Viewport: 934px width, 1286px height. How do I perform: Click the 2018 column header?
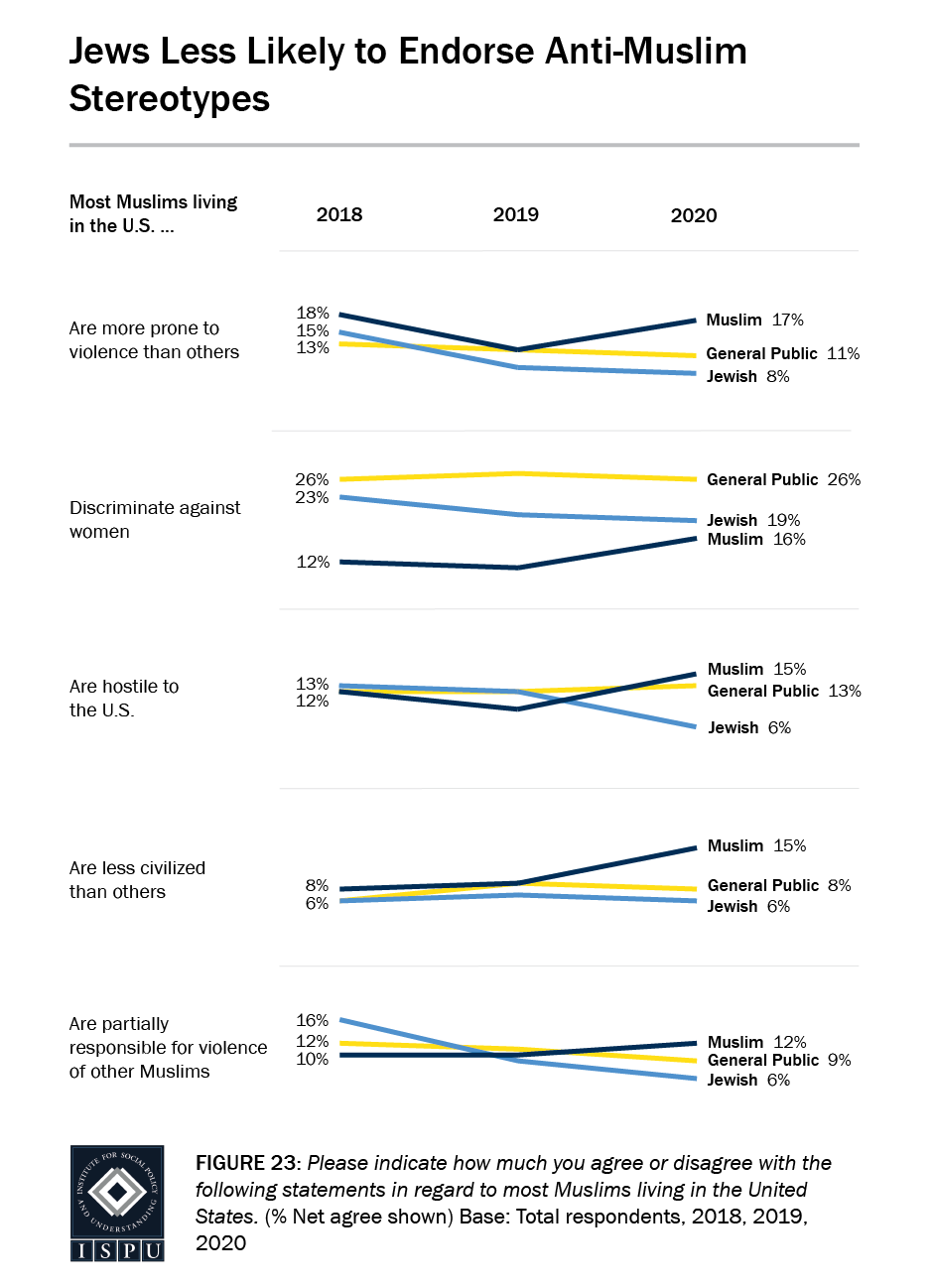[x=339, y=215]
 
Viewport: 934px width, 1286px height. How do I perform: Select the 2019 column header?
[x=516, y=215]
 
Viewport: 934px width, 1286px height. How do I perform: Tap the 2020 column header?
[x=694, y=215]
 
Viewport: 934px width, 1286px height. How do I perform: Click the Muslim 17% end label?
[x=754, y=320]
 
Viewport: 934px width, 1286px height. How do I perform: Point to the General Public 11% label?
[x=782, y=353]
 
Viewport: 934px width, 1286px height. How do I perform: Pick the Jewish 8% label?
[x=747, y=376]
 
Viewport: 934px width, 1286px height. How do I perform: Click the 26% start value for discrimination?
[x=312, y=479]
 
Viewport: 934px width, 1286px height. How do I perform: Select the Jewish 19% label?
[x=753, y=520]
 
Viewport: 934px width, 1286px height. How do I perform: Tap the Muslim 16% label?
[x=756, y=539]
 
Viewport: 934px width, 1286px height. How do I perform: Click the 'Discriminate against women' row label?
[x=155, y=519]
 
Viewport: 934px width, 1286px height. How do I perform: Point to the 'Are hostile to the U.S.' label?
[x=124, y=698]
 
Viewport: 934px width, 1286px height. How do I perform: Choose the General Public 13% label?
[x=784, y=691]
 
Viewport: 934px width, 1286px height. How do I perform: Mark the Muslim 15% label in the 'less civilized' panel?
[x=756, y=845]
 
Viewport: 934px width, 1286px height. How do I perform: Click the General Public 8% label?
[x=779, y=885]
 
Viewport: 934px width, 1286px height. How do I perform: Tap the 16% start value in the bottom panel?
[x=312, y=1020]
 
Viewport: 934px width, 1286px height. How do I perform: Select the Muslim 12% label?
[x=756, y=1042]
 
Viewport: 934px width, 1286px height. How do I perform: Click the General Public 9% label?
[x=779, y=1060]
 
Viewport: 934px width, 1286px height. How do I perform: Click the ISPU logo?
[x=117, y=1203]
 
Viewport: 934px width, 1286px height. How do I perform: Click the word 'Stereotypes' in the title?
[x=170, y=99]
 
